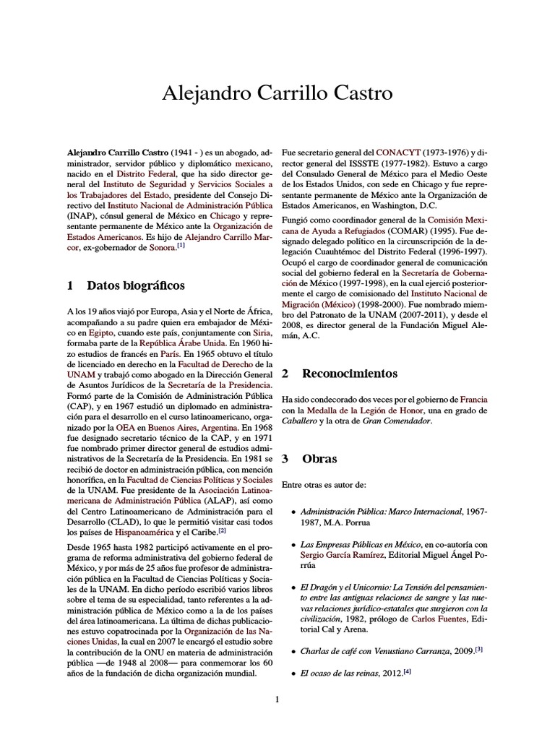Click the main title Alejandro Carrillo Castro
click(x=277, y=93)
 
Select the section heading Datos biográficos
click(x=135, y=285)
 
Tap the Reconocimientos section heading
click(x=349, y=374)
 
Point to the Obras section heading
click(x=319, y=459)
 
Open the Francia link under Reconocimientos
click(x=473, y=399)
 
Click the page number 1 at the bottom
click(x=277, y=699)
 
